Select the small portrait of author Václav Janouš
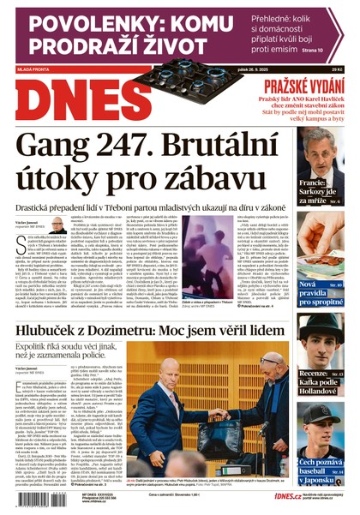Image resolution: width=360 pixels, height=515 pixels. click(x=58, y=225)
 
